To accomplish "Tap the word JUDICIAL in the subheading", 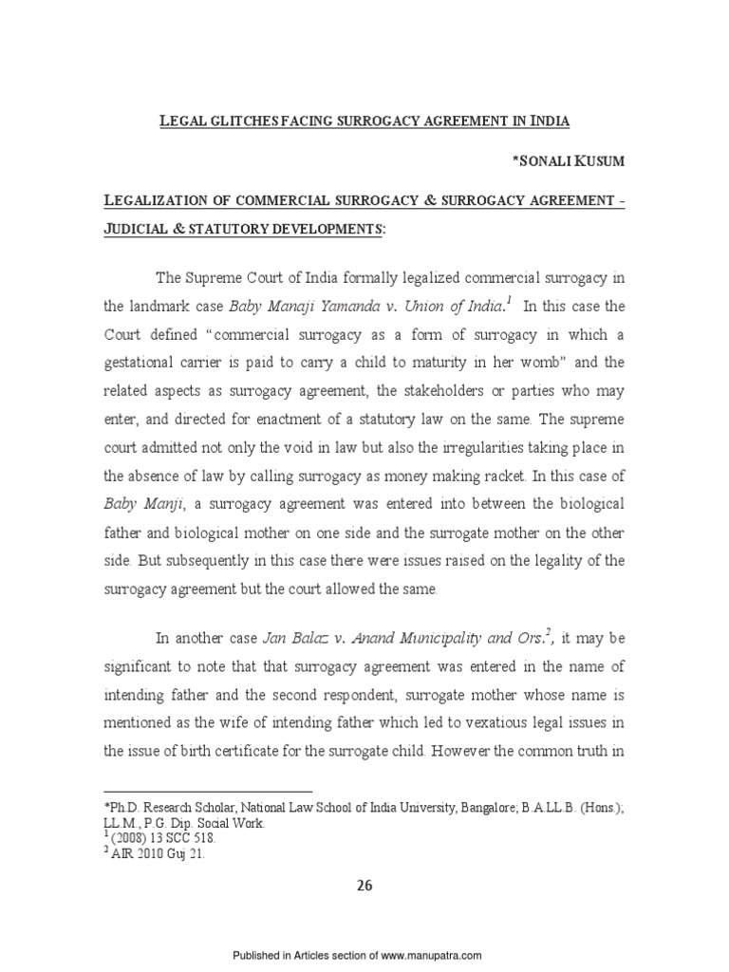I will tap(149, 230).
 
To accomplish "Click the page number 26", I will tap(364, 887).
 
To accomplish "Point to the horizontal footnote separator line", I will tap(208, 792).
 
